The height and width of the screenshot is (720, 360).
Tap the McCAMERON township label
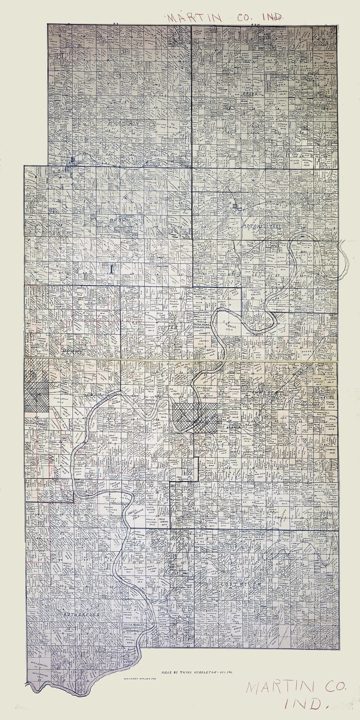coord(122,123)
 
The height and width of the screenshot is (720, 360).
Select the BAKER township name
coord(249,94)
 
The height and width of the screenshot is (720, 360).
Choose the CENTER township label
coord(168,327)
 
